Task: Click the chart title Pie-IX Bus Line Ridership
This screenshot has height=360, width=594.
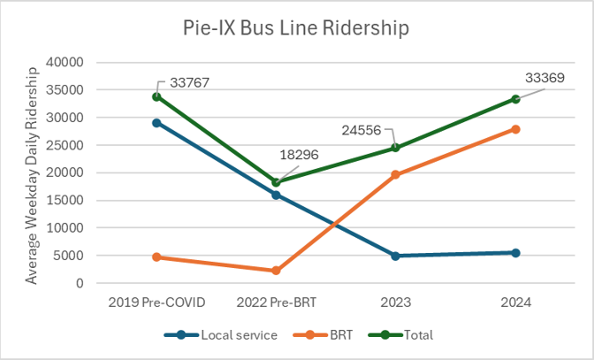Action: pos(297,28)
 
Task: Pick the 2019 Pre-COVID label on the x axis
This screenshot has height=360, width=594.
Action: pos(156,302)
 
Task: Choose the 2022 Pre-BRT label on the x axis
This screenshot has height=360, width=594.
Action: pos(276,302)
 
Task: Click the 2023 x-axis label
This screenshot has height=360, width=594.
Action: pos(396,302)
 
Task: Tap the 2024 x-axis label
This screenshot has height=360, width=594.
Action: pos(515,302)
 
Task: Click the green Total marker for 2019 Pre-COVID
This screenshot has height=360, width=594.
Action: pos(156,96)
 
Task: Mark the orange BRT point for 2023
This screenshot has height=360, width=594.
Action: pos(396,175)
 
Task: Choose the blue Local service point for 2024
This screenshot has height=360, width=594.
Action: pos(515,253)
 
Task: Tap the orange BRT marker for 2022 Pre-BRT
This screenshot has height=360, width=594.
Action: pos(276,271)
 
